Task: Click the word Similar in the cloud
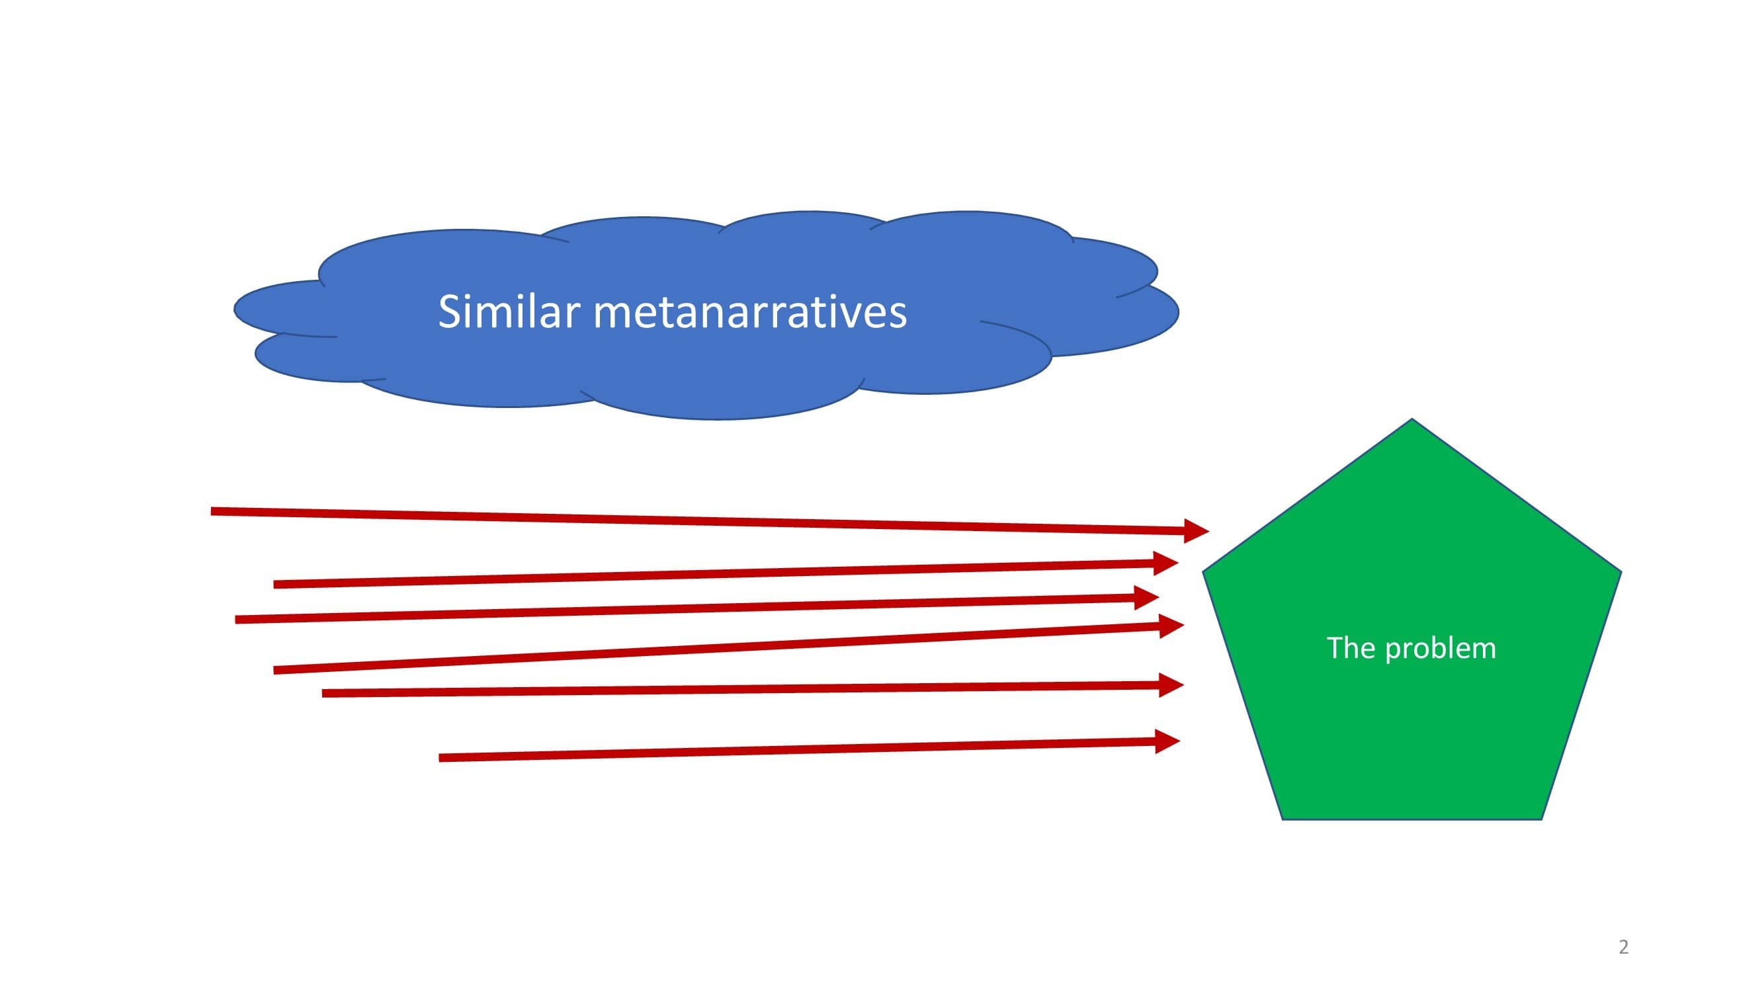tap(509, 312)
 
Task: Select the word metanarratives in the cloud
tap(750, 313)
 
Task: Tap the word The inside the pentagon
tap(1351, 647)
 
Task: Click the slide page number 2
tap(1624, 947)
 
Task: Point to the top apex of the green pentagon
tap(1412, 419)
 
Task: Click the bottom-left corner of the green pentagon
tap(1282, 819)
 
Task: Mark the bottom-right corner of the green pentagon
tap(1542, 819)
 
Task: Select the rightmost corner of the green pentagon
tap(1621, 571)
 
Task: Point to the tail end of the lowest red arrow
tap(439, 758)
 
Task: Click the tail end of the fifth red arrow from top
tap(323, 694)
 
